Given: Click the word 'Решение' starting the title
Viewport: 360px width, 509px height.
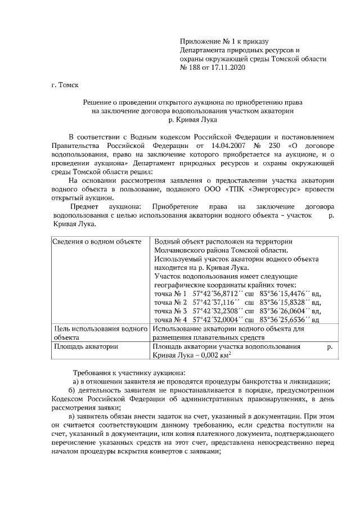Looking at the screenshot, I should (x=98, y=103).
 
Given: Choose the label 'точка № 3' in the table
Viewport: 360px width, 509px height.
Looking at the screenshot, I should (x=170, y=310).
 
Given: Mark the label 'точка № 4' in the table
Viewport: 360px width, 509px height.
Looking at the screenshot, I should (x=170, y=319).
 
